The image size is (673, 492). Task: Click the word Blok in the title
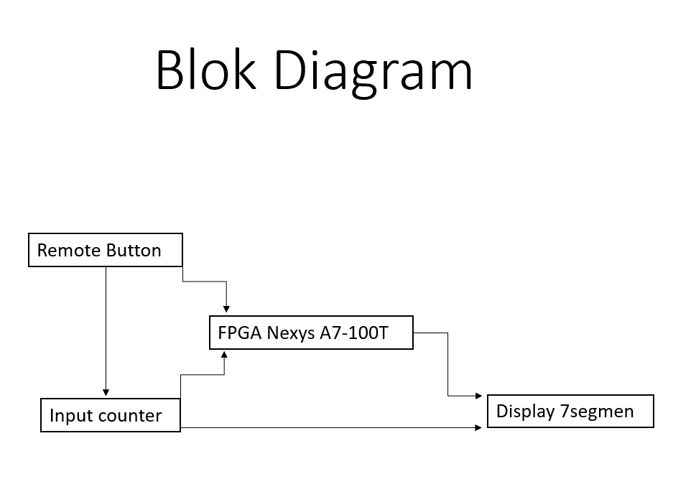click(205, 70)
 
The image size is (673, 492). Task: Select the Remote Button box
click(106, 250)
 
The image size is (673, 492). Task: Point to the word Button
click(134, 251)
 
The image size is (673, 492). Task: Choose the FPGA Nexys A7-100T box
click(311, 333)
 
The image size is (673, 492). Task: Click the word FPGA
click(240, 333)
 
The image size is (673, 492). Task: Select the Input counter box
click(110, 414)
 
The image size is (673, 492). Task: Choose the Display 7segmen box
click(570, 411)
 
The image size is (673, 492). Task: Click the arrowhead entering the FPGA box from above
click(226, 308)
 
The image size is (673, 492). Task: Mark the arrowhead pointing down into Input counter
click(106, 392)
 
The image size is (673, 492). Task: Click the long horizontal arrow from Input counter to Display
click(330, 428)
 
